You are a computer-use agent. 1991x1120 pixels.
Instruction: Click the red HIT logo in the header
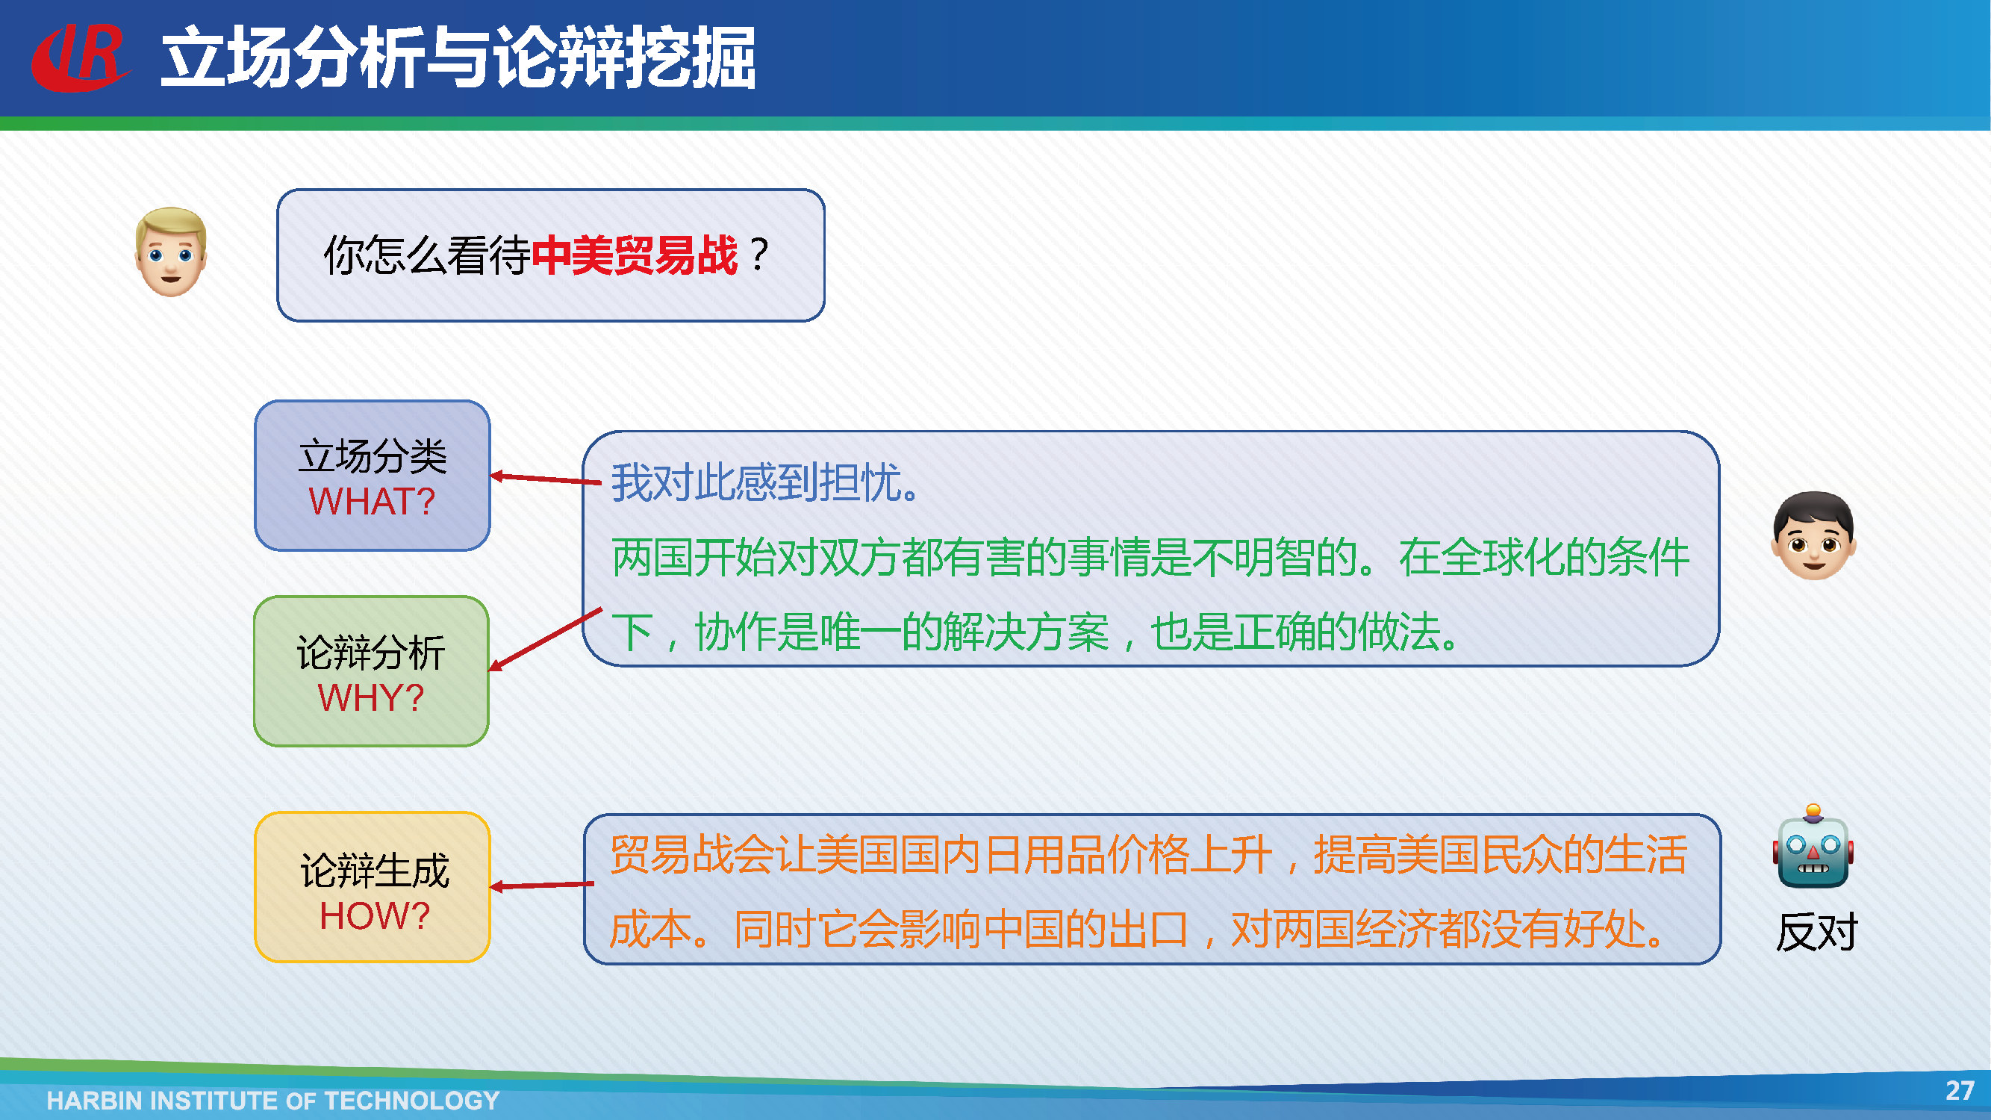click(x=80, y=57)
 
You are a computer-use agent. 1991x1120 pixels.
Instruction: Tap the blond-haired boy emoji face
click(x=171, y=252)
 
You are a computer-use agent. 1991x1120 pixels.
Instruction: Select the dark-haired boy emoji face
click(x=1813, y=535)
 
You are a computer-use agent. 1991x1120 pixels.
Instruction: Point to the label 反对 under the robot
click(x=1816, y=932)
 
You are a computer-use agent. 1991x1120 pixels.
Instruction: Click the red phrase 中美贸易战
click(x=635, y=255)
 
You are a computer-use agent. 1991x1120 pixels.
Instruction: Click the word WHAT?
click(x=372, y=502)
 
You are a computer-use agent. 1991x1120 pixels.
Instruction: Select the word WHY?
click(x=371, y=698)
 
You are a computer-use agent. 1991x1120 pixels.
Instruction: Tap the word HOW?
click(x=374, y=916)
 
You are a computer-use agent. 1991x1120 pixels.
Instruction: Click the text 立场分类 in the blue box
click(x=373, y=456)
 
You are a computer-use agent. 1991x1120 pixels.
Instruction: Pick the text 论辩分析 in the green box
click(x=371, y=653)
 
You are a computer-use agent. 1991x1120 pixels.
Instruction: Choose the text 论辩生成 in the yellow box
click(x=374, y=871)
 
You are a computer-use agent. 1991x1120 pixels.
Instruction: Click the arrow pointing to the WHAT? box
click(x=546, y=479)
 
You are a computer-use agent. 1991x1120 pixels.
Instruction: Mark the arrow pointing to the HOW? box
click(x=543, y=885)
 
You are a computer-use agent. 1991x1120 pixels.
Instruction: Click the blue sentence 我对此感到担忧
click(x=764, y=482)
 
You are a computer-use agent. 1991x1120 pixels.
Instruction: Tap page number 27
click(x=1960, y=1091)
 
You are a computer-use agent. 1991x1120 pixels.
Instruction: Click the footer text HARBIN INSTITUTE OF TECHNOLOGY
click(x=272, y=1100)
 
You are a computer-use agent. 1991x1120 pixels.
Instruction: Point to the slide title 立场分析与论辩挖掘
click(x=458, y=57)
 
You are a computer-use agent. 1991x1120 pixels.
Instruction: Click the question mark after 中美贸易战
click(x=760, y=255)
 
